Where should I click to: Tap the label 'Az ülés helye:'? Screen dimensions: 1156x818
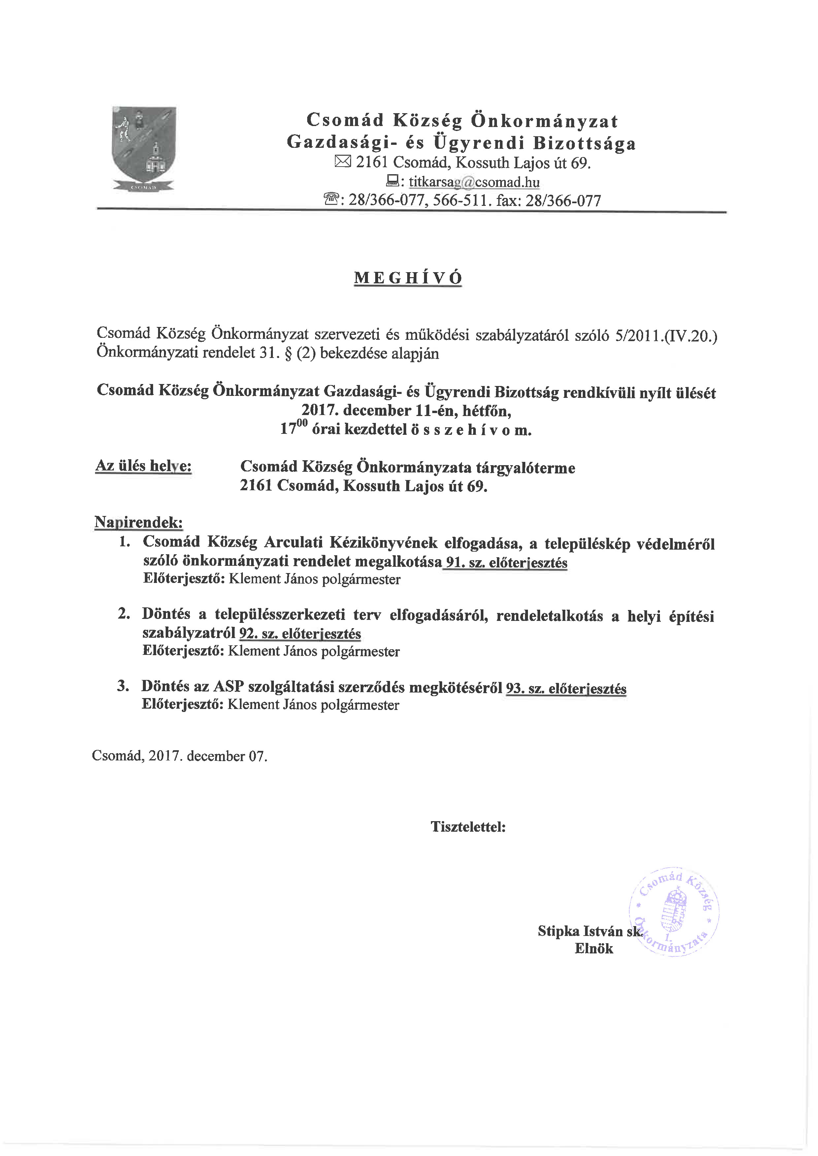click(144, 466)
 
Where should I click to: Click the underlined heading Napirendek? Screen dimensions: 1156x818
click(139, 522)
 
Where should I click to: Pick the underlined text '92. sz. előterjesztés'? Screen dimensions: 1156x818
click(300, 633)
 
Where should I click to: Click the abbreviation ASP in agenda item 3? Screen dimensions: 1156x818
click(229, 687)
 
